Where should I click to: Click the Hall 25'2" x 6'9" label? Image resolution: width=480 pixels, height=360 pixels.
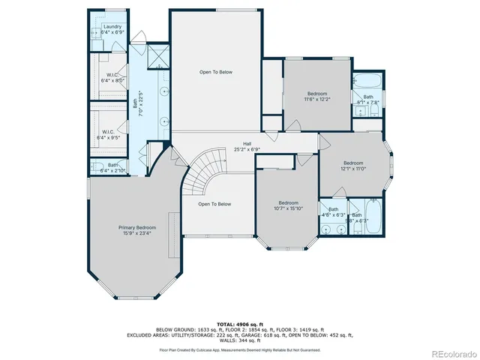pos(246,146)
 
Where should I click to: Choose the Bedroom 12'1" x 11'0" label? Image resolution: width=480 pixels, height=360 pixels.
pos(354,166)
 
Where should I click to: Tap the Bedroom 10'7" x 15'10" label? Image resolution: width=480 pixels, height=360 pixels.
pos(289,205)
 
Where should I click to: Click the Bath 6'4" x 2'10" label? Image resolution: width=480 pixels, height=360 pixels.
pos(112,167)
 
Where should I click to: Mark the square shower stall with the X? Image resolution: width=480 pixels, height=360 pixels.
pos(158,56)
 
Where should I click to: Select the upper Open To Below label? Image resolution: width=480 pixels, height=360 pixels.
pos(215,72)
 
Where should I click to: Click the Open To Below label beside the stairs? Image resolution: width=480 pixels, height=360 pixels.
pos(214,204)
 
